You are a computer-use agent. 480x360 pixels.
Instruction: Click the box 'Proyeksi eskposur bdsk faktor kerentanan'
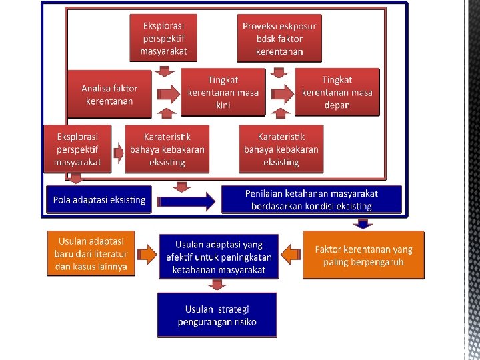279,39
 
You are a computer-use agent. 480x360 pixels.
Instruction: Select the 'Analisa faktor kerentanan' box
109,95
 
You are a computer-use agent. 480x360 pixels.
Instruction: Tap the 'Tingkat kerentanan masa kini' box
223,93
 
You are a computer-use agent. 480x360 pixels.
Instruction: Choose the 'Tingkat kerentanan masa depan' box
337,93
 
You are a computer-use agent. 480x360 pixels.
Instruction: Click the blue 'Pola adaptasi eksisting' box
99,200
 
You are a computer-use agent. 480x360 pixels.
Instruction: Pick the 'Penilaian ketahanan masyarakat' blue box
311,199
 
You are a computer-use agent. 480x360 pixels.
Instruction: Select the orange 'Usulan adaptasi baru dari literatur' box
91,254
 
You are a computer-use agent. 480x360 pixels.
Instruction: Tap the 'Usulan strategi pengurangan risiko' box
217,315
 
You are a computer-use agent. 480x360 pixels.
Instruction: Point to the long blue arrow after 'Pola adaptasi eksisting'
188,200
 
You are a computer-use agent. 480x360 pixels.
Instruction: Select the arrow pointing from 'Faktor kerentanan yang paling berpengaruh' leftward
290,254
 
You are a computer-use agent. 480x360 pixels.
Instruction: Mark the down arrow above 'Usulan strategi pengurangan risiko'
215,285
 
